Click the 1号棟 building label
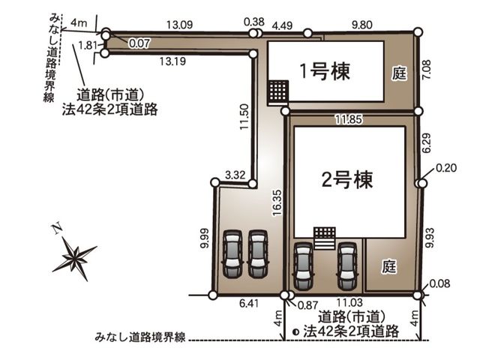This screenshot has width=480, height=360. click(325, 72)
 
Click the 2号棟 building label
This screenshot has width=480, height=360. click(347, 180)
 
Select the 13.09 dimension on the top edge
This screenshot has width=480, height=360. click(180, 25)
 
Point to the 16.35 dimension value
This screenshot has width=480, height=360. click(277, 203)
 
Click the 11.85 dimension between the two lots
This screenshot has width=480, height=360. click(349, 119)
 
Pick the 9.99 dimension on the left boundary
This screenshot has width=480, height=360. click(205, 238)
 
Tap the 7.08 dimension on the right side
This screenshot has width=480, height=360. click(427, 70)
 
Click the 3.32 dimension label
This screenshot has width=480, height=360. click(235, 175)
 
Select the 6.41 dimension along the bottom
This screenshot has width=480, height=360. click(249, 303)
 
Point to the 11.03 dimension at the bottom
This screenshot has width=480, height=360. click(350, 303)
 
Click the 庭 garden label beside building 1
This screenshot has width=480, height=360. click(400, 73)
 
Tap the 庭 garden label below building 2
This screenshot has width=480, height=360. click(389, 266)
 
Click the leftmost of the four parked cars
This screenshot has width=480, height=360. click(232, 253)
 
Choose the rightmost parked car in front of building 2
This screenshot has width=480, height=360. click(347, 266)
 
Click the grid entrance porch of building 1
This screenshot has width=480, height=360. click(278, 91)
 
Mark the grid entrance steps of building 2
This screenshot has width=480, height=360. click(325, 238)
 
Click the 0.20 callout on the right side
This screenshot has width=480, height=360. click(446, 168)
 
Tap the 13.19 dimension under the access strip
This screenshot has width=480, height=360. click(172, 61)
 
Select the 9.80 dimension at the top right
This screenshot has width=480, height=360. click(361, 25)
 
